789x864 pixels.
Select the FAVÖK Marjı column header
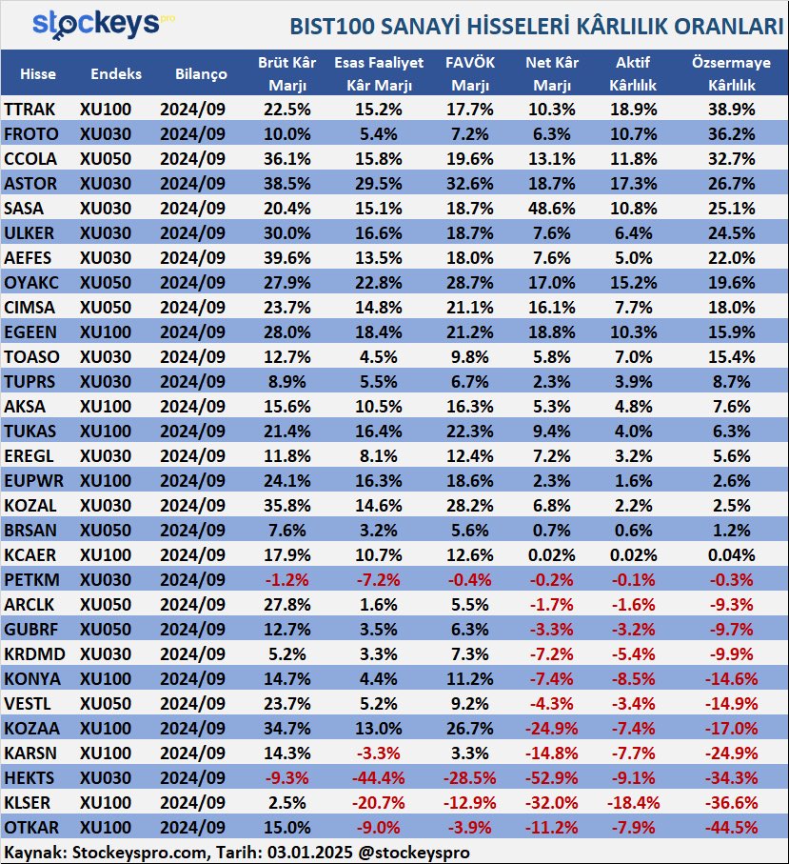coord(469,73)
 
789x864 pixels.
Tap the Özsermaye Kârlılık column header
coord(731,73)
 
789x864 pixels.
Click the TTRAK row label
coord(30,110)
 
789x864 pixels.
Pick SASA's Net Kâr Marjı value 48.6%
coord(552,209)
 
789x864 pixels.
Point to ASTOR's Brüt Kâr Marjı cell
coord(286,184)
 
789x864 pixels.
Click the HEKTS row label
coord(30,778)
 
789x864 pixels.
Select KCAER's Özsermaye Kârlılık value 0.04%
coord(731,554)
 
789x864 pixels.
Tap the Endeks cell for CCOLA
coord(106,159)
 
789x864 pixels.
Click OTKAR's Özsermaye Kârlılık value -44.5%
coord(731,828)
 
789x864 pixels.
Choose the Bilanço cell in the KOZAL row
coord(192,505)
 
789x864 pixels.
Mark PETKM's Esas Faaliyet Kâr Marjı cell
coord(379,580)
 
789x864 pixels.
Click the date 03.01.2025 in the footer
coord(310,852)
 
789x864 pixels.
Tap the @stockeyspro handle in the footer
coord(414,852)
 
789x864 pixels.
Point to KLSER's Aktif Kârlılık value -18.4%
coord(633,803)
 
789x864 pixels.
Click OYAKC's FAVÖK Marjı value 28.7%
coord(469,283)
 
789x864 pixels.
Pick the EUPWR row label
coord(33,480)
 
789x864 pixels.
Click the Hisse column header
coord(38,74)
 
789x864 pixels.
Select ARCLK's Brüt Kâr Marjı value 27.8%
coord(286,605)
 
